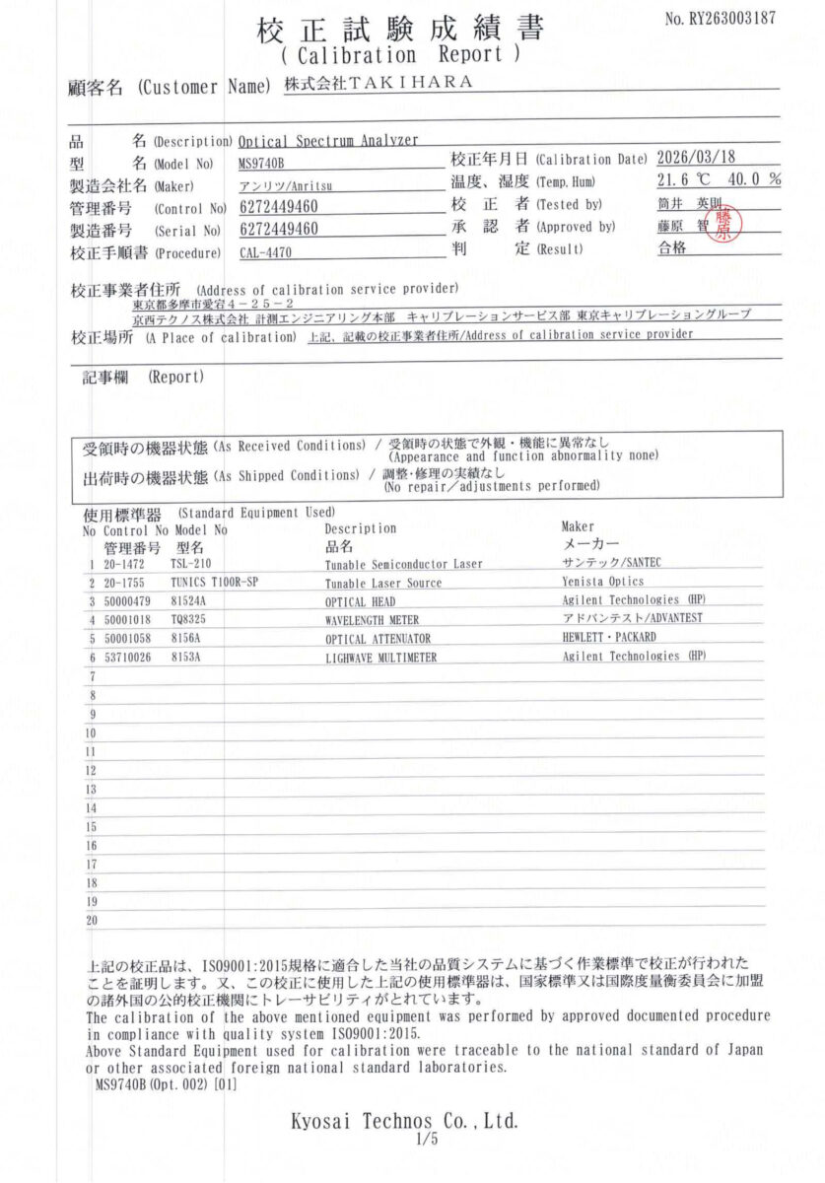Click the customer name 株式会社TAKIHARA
click(378, 84)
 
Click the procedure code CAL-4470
click(266, 252)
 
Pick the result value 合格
click(673, 248)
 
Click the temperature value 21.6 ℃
click(684, 180)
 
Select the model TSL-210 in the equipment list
click(190, 564)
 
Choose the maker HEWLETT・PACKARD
click(608, 637)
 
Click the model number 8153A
click(185, 657)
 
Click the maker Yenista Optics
click(602, 582)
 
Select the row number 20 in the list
click(92, 920)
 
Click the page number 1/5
click(426, 1141)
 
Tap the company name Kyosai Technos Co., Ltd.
click(404, 1122)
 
